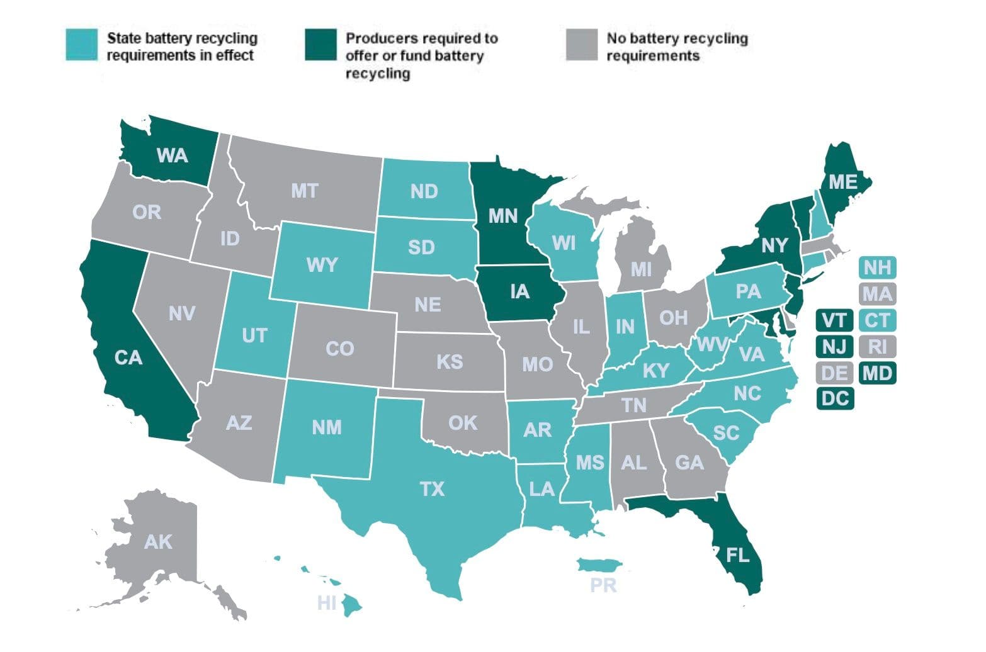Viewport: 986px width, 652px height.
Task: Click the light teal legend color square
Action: (x=82, y=45)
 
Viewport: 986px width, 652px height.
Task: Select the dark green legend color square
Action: (x=321, y=45)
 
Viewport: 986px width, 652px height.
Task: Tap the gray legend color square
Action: (x=581, y=45)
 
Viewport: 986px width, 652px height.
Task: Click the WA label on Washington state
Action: (x=172, y=155)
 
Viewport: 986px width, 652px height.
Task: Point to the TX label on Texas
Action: (x=432, y=488)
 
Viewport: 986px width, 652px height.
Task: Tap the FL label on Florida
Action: (x=737, y=555)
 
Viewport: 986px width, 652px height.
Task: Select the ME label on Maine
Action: (x=842, y=182)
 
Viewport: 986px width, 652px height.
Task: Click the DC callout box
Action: (x=835, y=398)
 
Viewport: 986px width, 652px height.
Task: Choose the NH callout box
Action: (x=877, y=267)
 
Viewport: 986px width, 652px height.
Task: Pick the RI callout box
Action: (x=877, y=346)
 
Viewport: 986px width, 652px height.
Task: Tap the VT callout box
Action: (x=835, y=320)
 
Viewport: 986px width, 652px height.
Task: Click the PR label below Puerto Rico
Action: (x=603, y=586)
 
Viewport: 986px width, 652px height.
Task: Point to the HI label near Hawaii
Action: (x=327, y=604)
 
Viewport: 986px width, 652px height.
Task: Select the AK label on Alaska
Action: (x=157, y=542)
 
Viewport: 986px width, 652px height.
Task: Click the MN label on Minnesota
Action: (x=503, y=216)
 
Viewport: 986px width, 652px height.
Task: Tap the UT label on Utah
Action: (x=254, y=335)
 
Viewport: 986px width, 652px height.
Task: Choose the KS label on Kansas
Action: (x=450, y=362)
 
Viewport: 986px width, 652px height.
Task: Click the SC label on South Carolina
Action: (x=726, y=433)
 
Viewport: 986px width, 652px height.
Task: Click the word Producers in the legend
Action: (x=375, y=38)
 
